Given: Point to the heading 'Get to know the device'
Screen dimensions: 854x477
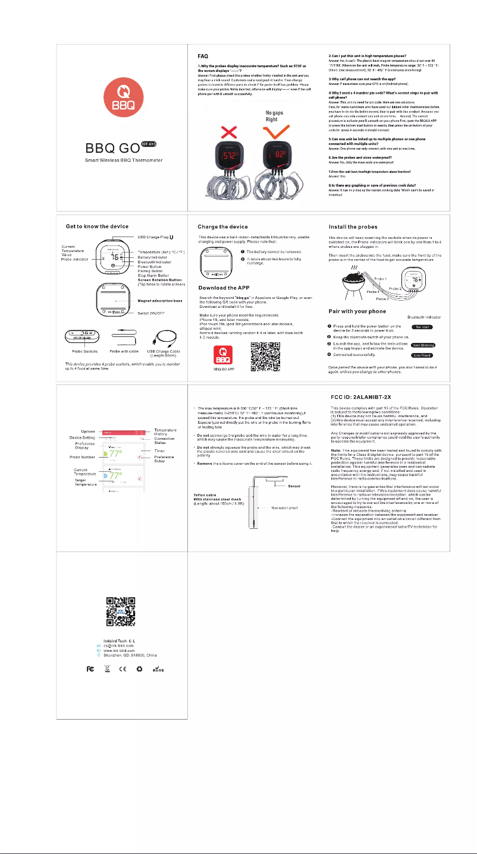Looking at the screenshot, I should (97, 226).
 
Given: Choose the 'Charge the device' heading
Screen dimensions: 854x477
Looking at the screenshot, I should (227, 226).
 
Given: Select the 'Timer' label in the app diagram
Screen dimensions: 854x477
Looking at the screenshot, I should (160, 451).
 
